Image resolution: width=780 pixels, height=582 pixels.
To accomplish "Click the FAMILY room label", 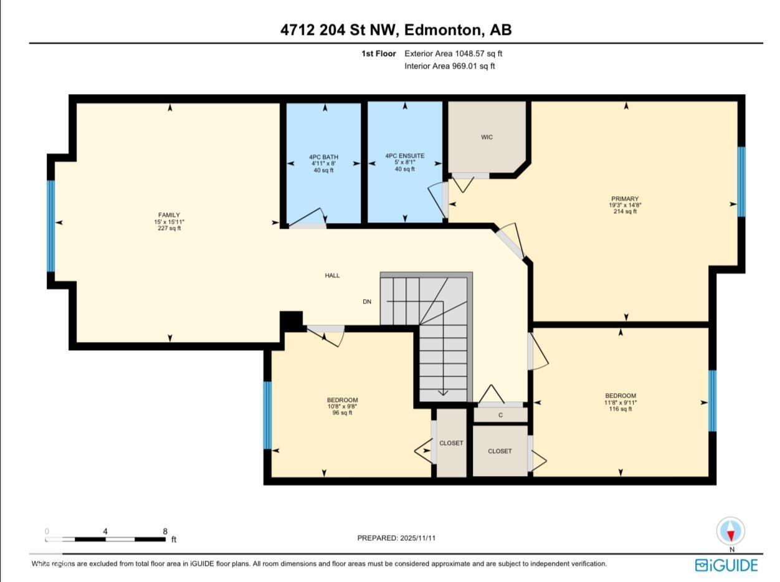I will (x=169, y=215).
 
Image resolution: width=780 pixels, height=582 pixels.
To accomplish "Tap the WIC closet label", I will (x=487, y=137).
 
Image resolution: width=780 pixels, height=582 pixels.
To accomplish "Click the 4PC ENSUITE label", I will (x=404, y=156).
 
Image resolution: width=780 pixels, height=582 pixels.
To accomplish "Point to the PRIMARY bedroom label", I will (x=624, y=199).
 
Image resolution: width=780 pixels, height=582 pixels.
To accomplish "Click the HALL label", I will (x=332, y=275).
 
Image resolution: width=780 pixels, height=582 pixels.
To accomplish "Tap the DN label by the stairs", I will (x=367, y=302).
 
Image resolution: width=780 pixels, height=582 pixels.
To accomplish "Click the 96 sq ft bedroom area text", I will (x=342, y=413).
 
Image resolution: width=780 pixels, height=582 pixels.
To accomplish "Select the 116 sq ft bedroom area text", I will (x=621, y=409).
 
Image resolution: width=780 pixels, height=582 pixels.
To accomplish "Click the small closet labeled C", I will (x=500, y=415).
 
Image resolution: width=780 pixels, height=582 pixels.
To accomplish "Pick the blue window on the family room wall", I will (x=51, y=226).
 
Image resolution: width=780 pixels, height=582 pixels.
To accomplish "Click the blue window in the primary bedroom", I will (x=741, y=181).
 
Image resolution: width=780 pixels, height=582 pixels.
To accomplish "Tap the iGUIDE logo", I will (x=726, y=565).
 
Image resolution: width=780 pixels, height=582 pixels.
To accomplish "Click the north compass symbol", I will (x=731, y=532).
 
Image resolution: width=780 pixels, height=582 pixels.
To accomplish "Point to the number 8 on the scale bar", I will (x=165, y=532).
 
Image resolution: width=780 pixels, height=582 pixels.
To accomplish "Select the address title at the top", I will (x=396, y=30).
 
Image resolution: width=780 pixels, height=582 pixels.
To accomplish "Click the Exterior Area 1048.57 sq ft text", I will (x=453, y=54).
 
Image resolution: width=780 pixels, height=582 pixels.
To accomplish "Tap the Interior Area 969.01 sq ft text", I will (x=450, y=66).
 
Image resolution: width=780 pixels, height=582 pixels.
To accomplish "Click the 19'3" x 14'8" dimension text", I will (x=624, y=205).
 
